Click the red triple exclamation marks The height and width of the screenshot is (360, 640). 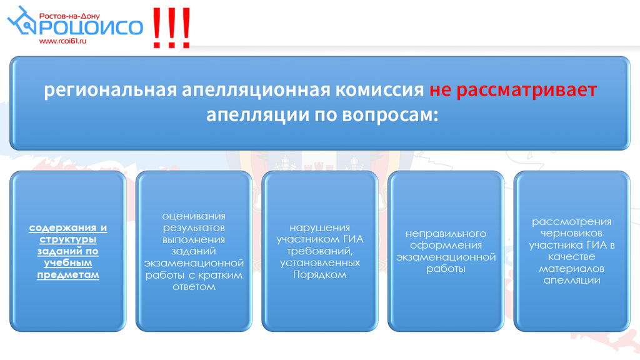(171, 27)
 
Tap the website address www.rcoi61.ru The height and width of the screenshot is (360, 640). (63, 41)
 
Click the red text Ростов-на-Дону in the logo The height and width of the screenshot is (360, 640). (69, 16)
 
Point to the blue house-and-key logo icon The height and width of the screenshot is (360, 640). (22, 21)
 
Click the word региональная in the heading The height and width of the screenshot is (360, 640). (110, 90)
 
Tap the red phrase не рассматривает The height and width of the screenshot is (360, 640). (513, 90)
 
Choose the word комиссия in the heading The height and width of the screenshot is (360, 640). (379, 89)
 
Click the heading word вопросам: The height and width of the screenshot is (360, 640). (390, 116)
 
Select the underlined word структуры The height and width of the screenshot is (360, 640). (67, 239)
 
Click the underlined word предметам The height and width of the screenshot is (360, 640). (67, 275)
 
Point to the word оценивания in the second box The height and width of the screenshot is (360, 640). (194, 216)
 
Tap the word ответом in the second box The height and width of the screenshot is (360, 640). (194, 286)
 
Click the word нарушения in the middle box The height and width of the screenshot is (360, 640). (319, 228)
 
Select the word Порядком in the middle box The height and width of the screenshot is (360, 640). (319, 275)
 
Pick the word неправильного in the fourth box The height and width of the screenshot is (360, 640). (446, 234)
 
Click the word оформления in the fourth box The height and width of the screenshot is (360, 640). (446, 245)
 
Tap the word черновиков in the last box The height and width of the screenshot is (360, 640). (571, 234)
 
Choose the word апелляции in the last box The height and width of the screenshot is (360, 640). (571, 281)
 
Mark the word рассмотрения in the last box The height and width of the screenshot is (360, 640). (571, 222)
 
